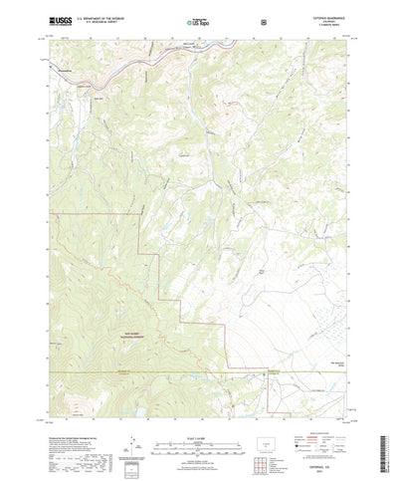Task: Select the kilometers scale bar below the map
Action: pyautogui.click(x=199, y=428)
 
